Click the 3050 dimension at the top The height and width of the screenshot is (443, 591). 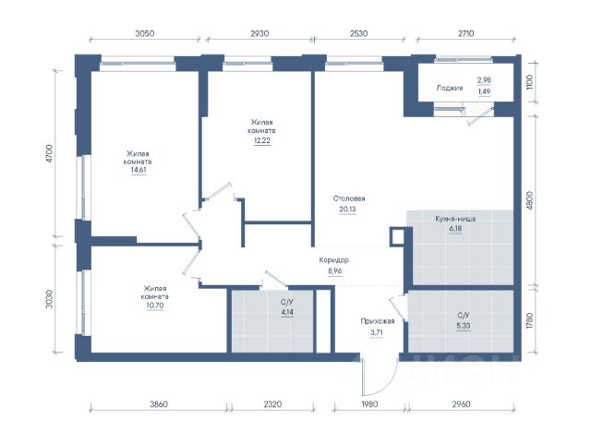[x=145, y=33]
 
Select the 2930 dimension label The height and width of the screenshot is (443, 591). [x=259, y=33]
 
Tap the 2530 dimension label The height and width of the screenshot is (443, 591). [x=358, y=33]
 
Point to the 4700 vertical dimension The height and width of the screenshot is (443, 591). [x=49, y=154]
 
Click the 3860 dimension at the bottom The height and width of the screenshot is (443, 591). [x=159, y=404]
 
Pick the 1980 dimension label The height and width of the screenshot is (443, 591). [x=369, y=404]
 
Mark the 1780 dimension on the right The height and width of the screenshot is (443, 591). [x=529, y=320]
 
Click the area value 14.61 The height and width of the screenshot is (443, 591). [x=139, y=170]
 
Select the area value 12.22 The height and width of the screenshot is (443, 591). [x=262, y=140]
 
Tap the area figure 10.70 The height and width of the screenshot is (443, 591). [x=155, y=305]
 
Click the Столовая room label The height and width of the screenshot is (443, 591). [x=349, y=198]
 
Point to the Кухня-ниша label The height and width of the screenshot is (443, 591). [x=455, y=219]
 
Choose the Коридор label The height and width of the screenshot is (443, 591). [x=334, y=260]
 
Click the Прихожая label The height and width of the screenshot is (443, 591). [x=378, y=321]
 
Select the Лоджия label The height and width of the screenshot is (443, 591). [x=450, y=89]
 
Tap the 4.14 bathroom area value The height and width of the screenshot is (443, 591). [x=287, y=312]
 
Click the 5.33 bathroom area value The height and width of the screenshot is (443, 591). [x=464, y=326]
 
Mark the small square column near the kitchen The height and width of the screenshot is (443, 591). [x=396, y=236]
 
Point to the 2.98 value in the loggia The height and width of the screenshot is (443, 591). [x=484, y=80]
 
